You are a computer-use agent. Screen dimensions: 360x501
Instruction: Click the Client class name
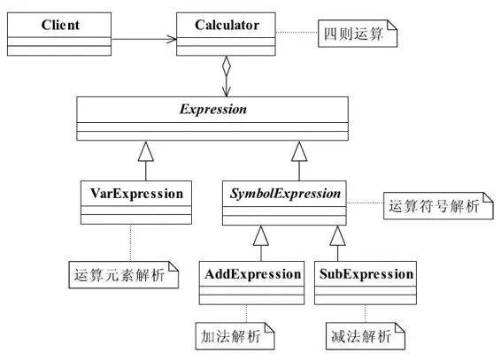coord(60,23)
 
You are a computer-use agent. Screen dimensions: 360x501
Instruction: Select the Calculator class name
coord(227,23)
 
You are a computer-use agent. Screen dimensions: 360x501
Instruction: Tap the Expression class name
coord(227,111)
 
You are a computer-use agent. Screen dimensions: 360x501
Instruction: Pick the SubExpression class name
coord(365,273)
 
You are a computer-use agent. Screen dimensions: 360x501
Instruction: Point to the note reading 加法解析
coord(232,335)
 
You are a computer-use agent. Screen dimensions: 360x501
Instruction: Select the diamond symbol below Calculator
coord(227,67)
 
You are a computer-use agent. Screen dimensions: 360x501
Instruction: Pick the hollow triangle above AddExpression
coord(259,234)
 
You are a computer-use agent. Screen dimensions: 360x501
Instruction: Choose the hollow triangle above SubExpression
coord(335,234)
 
